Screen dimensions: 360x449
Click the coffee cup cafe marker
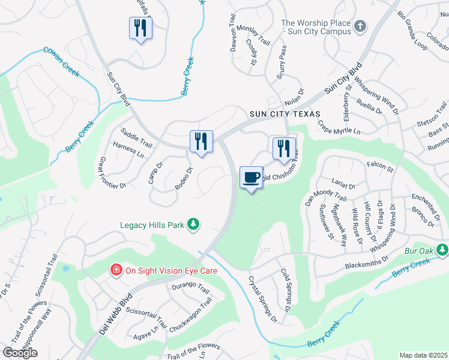251,178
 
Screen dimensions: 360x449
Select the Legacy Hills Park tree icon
193,224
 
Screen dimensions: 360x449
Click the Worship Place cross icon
360,26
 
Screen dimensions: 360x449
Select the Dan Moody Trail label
325,193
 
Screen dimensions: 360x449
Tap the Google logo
20,353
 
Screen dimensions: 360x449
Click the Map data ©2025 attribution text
423,355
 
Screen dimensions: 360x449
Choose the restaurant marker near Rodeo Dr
201,142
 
